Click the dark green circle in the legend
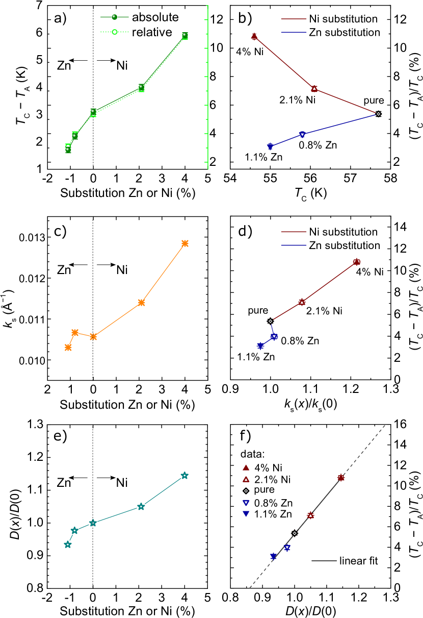[x=114, y=17]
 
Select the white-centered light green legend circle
[x=115, y=32]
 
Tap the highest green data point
[x=185, y=36]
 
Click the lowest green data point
[x=68, y=150]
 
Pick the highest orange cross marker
[x=185, y=243]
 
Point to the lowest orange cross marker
[x=68, y=348]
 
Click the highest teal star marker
[x=184, y=476]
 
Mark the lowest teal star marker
[x=68, y=545]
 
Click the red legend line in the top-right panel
[x=294, y=19]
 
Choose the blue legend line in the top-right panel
[x=294, y=32]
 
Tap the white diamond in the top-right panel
[x=378, y=114]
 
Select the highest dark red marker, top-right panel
[x=254, y=36]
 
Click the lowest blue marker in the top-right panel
[x=270, y=146]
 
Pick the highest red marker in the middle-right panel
[x=357, y=262]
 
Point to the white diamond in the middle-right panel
[x=270, y=321]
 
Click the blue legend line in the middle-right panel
[x=294, y=245]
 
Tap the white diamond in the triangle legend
[x=246, y=491]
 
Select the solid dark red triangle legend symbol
[x=246, y=467]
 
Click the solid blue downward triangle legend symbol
[x=246, y=514]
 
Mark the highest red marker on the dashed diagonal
[x=341, y=478]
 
